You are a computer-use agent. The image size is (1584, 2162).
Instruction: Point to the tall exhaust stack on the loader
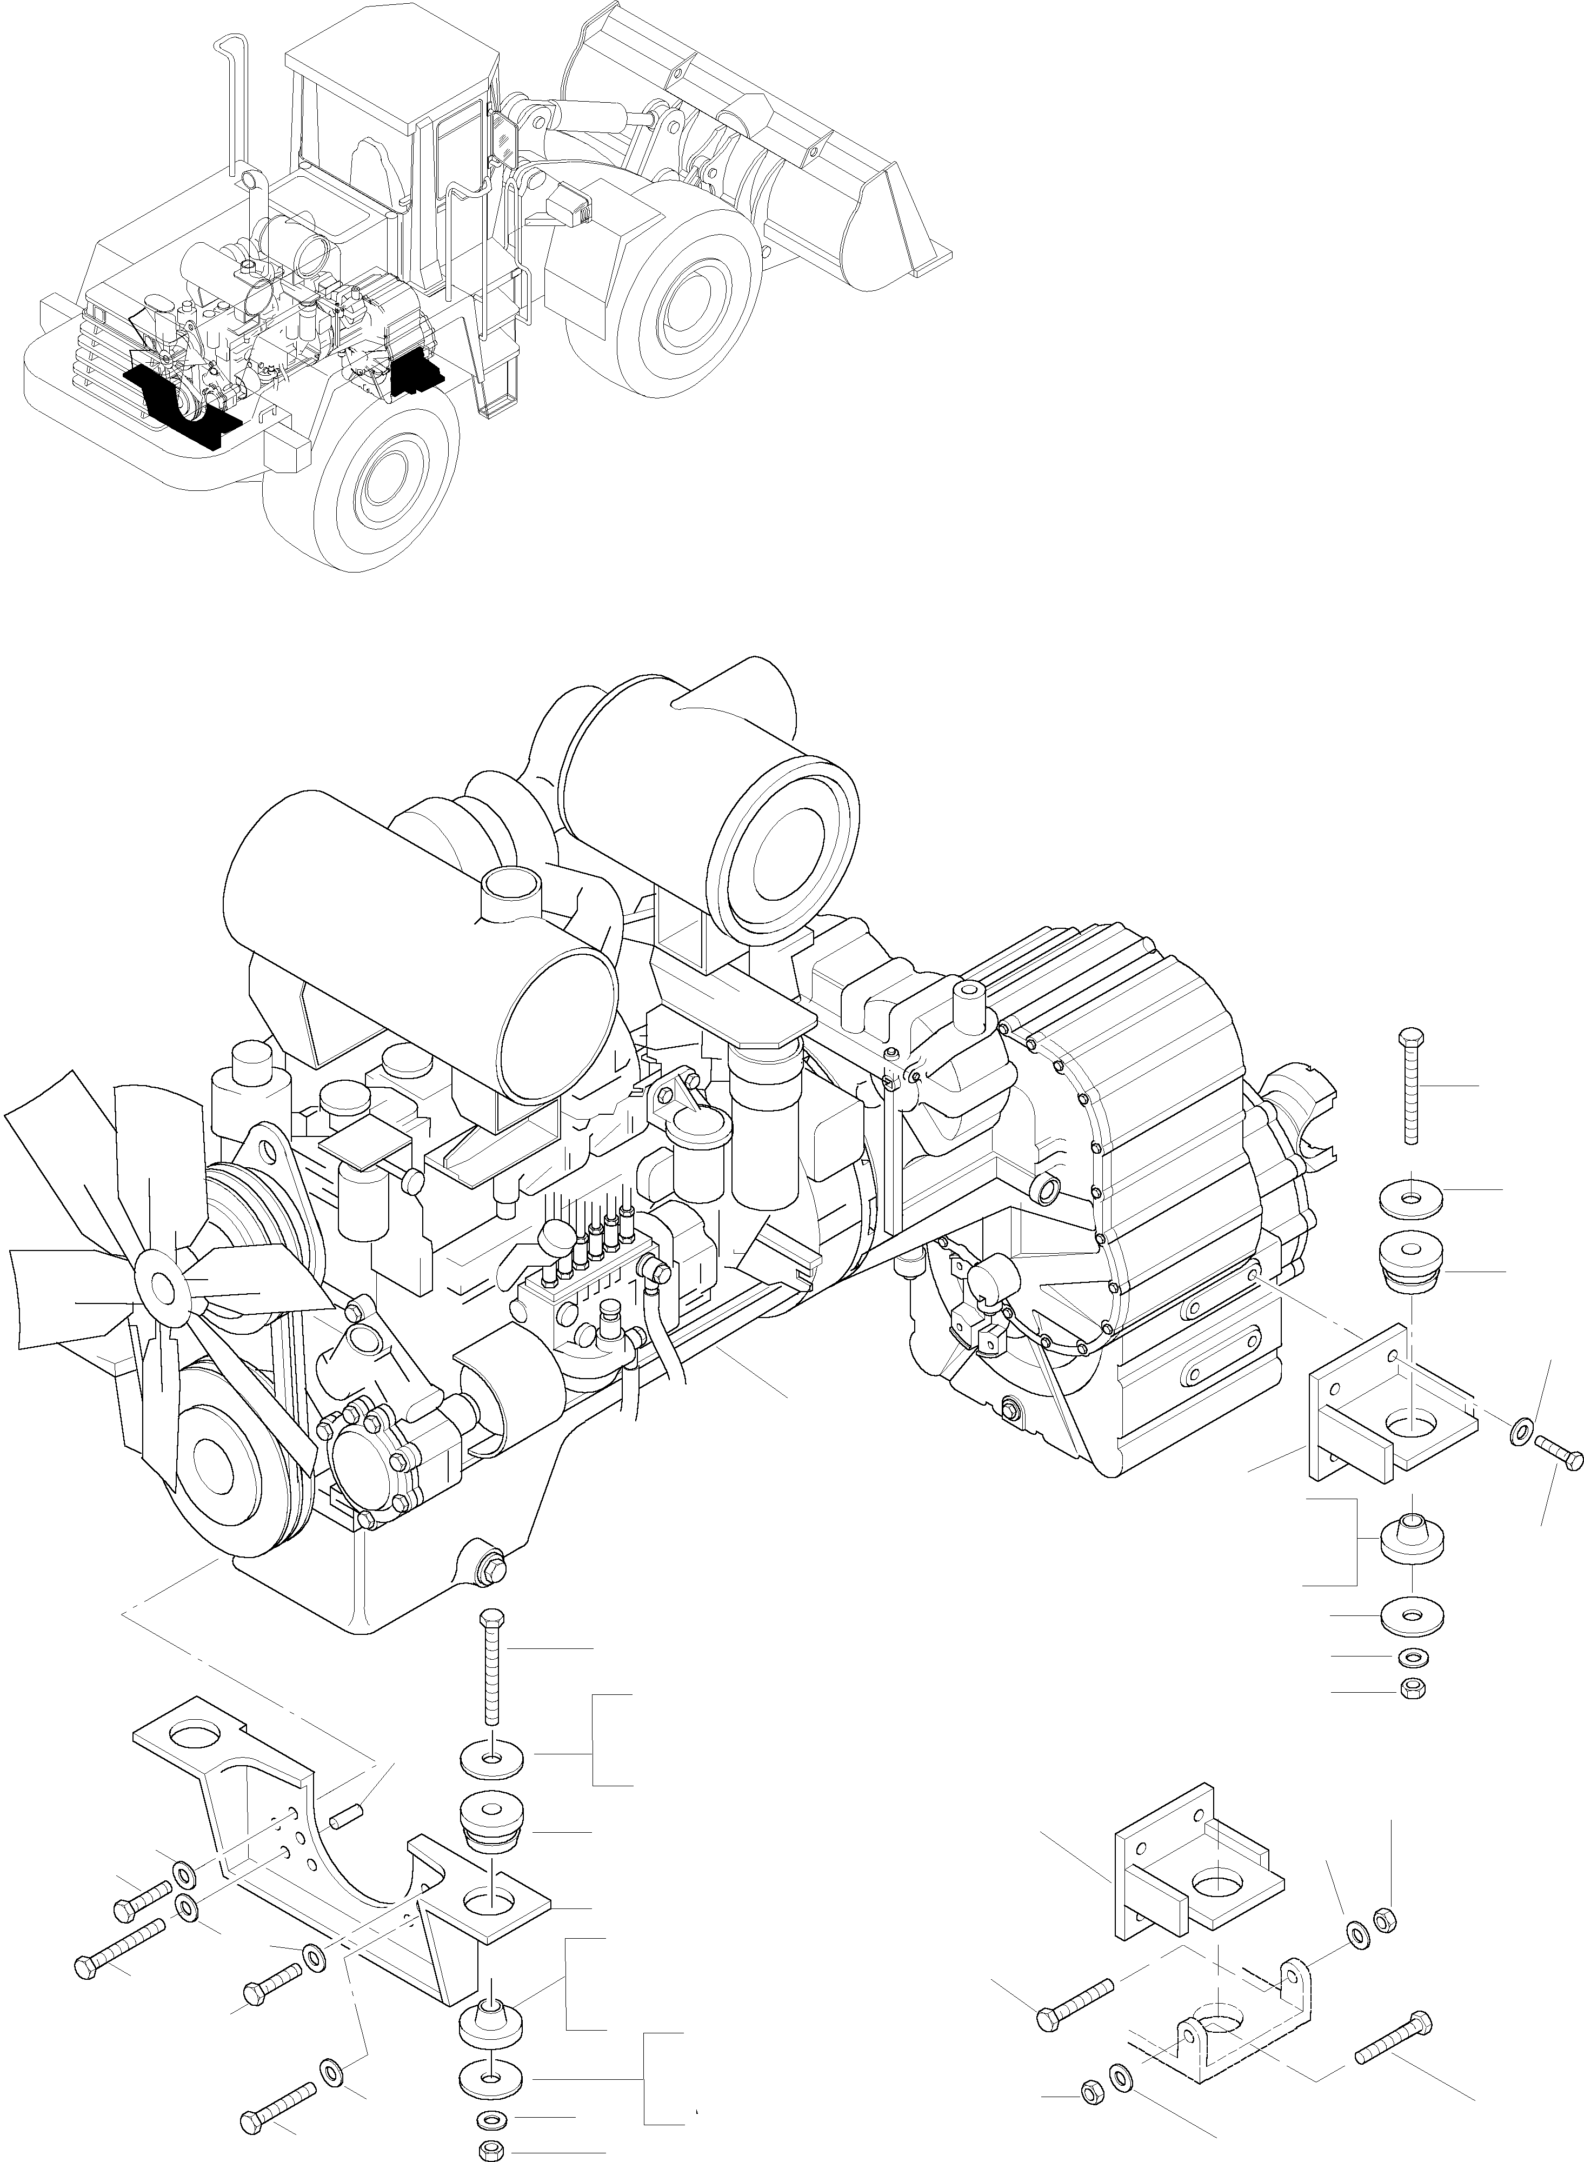tap(230, 105)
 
